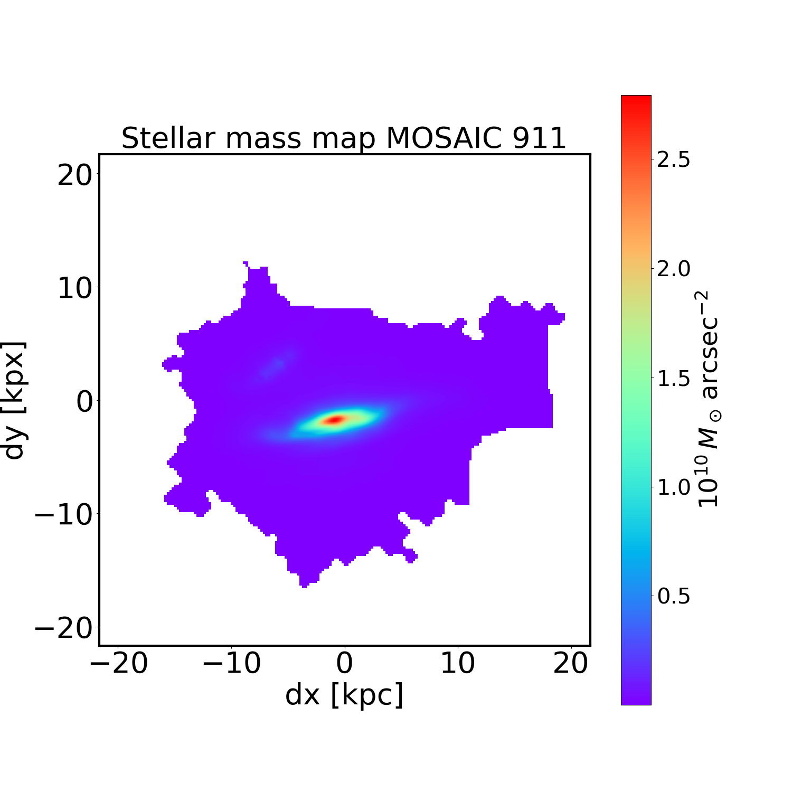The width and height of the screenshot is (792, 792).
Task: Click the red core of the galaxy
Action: coord(336,420)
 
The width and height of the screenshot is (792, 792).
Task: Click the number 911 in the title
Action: coord(540,138)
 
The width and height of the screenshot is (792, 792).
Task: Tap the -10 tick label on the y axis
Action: coord(62,514)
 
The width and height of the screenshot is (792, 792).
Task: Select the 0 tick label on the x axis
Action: coord(344,663)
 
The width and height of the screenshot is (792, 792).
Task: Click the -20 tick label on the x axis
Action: coord(118,663)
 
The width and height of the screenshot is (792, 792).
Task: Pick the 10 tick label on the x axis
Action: coord(457,663)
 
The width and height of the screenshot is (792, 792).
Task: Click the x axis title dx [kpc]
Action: coord(344,695)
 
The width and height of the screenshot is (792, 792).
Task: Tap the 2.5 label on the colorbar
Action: coord(673,160)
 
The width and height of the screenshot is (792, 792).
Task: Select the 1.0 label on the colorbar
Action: coord(673,487)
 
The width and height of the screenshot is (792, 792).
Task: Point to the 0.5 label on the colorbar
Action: coord(673,596)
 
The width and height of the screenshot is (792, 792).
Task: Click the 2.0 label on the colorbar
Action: coord(673,269)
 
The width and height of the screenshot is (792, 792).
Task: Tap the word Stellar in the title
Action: coord(168,138)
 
